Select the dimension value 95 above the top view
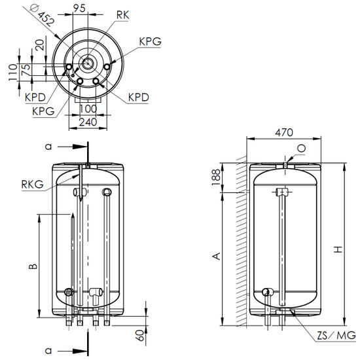click(x=80, y=9)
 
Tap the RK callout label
click(x=122, y=14)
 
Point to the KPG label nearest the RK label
click(x=150, y=41)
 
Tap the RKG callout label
click(x=32, y=185)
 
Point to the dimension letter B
click(x=34, y=266)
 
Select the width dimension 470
click(x=283, y=132)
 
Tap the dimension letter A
click(x=217, y=257)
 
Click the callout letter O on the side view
click(x=301, y=149)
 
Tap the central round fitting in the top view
click(x=88, y=64)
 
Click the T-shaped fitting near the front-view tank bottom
click(x=96, y=291)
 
